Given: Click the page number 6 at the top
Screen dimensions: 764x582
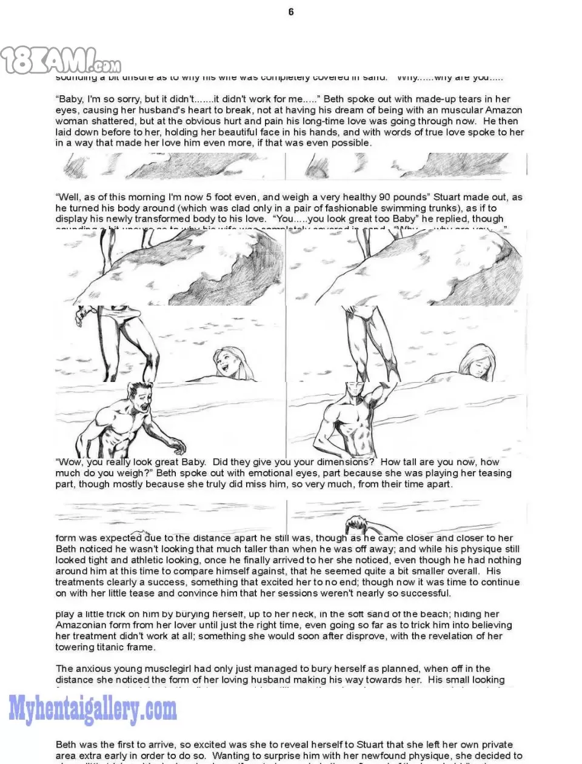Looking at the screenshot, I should (291, 12).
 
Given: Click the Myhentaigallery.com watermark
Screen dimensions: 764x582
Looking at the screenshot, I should (92, 710).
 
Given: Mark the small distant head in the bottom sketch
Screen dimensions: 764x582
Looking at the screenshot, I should (358, 524).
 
